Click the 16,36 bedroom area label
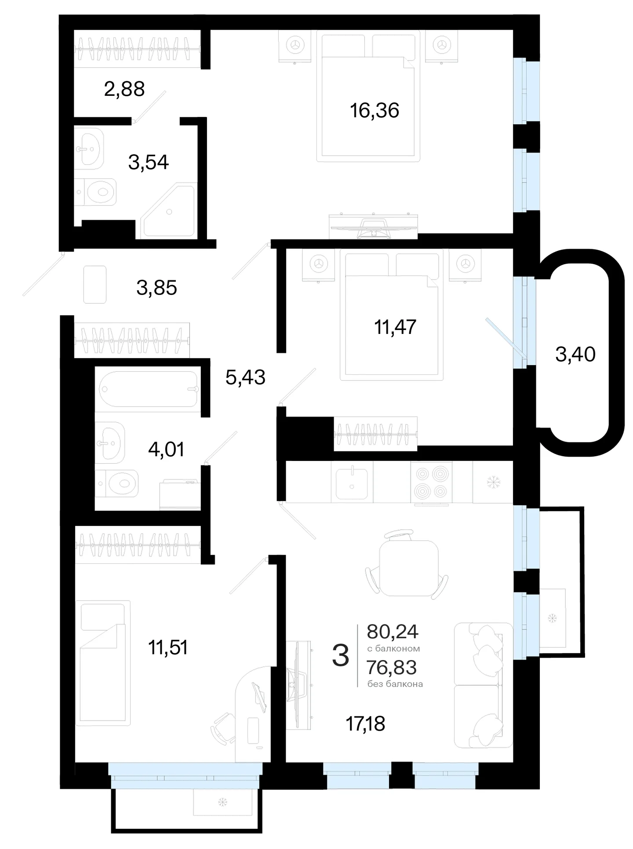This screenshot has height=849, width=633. tap(375, 110)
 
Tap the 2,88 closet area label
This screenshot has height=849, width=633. tap(124, 89)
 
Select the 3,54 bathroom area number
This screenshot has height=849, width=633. tap(149, 162)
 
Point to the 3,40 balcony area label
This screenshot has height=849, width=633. tap(575, 354)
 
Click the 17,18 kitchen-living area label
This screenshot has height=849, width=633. tap(366, 724)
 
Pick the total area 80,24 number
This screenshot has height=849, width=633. tap(393, 632)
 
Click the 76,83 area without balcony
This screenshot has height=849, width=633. tap(392, 668)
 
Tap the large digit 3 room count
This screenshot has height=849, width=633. tap(341, 655)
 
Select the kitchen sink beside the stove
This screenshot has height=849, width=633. tap(352, 483)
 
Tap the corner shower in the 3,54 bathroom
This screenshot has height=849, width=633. tap(168, 212)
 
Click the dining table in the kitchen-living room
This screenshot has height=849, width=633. tap(408, 567)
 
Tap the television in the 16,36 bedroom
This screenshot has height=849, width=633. tap(373, 226)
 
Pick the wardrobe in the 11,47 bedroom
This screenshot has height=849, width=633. tap(375, 434)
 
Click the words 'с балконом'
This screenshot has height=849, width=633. tap(394, 649)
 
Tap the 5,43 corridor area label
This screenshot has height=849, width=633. tap(246, 377)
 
